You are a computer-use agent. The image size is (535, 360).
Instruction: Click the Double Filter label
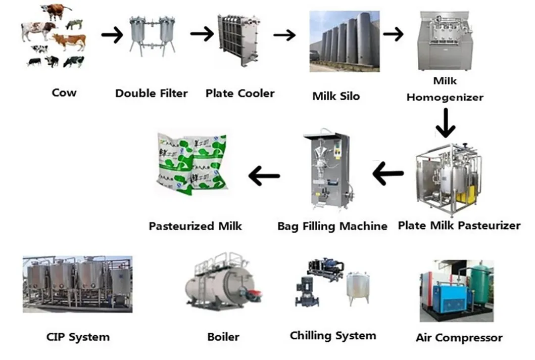pos(151,94)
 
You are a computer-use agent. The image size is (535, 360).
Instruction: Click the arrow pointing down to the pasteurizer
pos(445,123)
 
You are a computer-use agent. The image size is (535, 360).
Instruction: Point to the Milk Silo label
pos(336,96)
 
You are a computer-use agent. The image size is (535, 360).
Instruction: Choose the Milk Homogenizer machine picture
pos(445,40)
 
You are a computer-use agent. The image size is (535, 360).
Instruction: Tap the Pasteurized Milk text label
pos(195,226)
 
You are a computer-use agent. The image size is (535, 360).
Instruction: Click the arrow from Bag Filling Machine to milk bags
pos(264,176)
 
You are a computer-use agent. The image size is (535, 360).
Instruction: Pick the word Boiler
pos(223,337)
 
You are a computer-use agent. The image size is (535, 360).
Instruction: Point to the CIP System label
pos(78,337)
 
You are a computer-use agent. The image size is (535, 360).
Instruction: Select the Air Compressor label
pos(459,338)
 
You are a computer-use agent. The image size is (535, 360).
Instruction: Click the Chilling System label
pos(332,336)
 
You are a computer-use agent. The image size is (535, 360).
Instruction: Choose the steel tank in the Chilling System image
pos(357,289)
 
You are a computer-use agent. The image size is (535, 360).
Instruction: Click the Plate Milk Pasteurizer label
pos(459,226)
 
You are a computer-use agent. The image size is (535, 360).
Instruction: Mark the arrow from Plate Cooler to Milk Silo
pos(284,35)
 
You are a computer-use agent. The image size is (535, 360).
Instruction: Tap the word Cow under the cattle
pos(64,93)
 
